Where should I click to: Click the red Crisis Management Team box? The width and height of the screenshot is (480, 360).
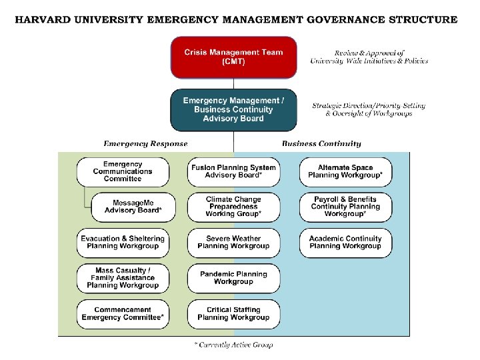click(233, 57)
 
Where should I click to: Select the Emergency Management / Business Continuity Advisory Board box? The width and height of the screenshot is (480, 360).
click(233, 110)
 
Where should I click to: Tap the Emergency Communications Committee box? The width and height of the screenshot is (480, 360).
click(122, 171)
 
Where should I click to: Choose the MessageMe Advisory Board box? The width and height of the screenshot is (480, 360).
click(133, 207)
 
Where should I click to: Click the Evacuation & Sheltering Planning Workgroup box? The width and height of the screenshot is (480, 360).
click(122, 242)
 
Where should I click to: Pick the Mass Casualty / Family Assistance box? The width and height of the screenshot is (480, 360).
click(122, 278)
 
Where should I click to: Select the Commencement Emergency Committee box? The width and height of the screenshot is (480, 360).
click(122, 313)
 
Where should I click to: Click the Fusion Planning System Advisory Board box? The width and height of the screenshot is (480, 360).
click(233, 171)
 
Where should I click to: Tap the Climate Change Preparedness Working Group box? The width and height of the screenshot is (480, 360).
click(233, 207)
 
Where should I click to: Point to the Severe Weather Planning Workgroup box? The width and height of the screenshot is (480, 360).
click(233, 242)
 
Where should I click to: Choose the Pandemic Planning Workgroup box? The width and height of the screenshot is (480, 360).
click(233, 278)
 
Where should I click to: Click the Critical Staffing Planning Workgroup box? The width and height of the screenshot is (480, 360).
click(233, 313)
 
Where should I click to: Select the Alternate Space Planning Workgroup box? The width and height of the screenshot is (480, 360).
click(345, 171)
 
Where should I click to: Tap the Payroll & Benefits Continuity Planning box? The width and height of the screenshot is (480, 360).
click(345, 207)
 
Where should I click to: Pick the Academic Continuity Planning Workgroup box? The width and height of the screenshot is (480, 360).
click(345, 242)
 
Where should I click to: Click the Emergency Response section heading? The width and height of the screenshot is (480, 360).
click(145, 143)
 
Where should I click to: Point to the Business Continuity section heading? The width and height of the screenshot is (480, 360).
click(321, 143)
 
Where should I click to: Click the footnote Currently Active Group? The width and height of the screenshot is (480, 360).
click(233, 345)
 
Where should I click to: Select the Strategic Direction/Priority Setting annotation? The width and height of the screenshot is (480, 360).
click(369, 106)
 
